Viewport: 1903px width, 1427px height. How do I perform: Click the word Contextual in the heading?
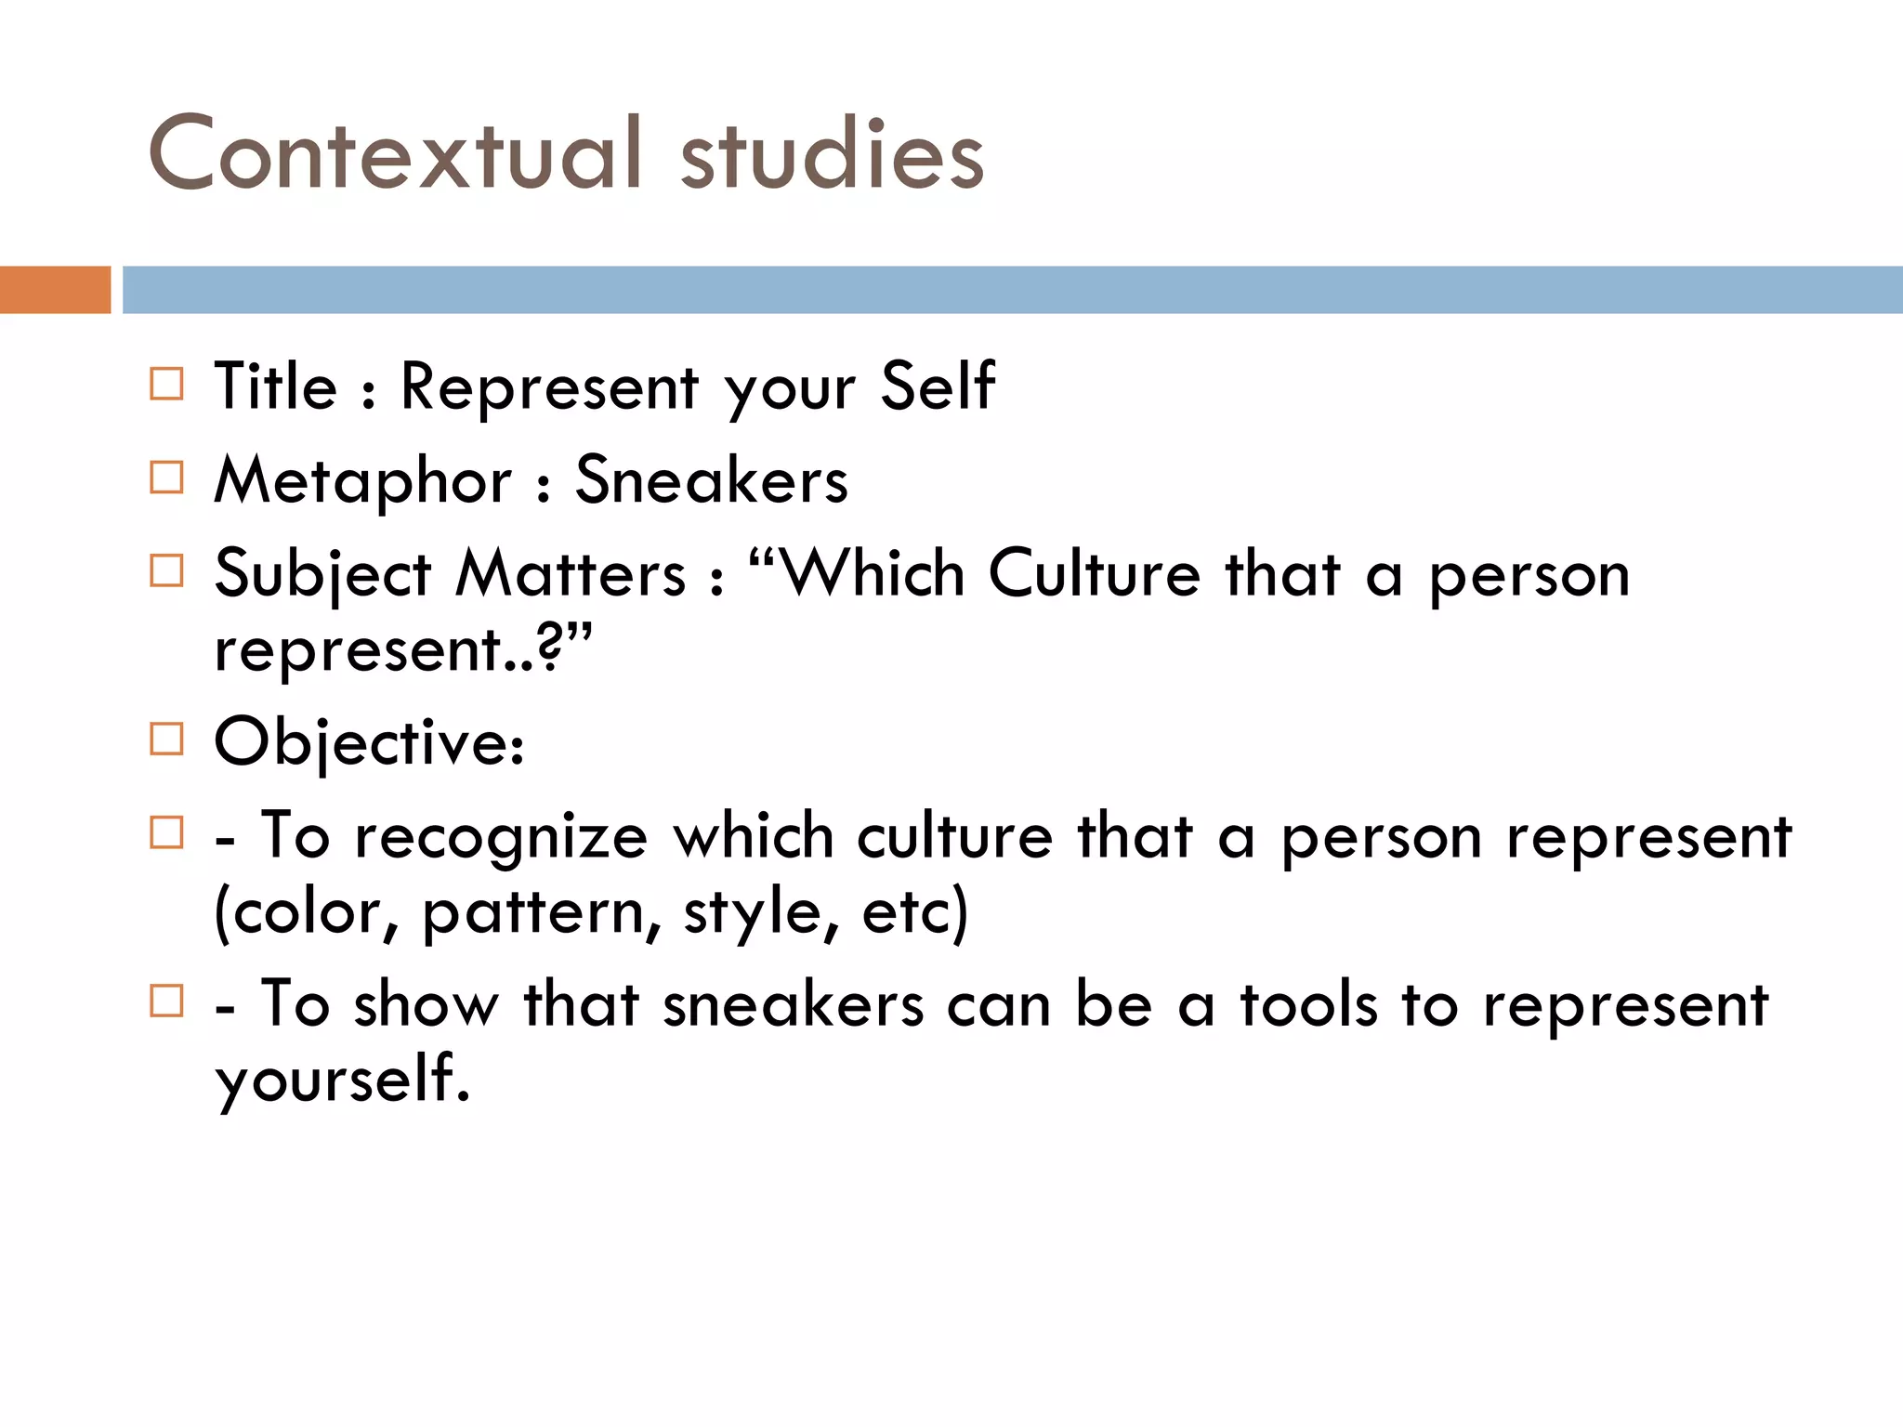click(395, 153)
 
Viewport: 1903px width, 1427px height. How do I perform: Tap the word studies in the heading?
click(832, 156)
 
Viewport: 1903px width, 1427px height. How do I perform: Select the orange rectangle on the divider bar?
click(55, 290)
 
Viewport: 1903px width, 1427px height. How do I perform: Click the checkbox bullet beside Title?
click(166, 383)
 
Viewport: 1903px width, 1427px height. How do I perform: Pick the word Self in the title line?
click(937, 386)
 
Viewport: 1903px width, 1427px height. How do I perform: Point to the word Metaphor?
click(362, 481)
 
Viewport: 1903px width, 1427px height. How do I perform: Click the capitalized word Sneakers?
click(711, 480)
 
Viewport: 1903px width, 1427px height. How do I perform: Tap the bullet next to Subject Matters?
click(166, 570)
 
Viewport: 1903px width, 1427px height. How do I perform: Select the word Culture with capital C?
click(1095, 573)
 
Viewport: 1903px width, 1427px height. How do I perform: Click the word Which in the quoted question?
click(873, 573)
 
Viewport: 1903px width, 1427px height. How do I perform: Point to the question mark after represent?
click(550, 649)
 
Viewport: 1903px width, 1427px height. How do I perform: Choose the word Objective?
click(368, 743)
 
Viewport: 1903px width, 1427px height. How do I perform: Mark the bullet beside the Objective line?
click(166, 740)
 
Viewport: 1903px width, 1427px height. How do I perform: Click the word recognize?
click(501, 837)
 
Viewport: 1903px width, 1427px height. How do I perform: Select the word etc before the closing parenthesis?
click(905, 912)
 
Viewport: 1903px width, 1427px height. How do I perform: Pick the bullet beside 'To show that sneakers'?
click(166, 1001)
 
